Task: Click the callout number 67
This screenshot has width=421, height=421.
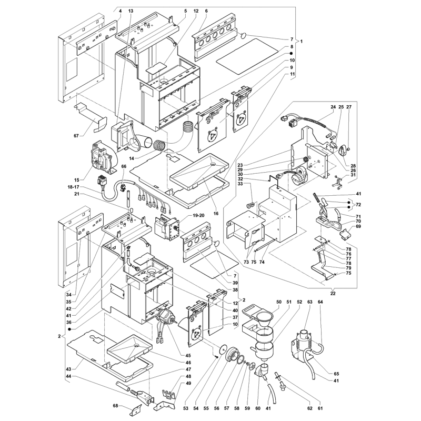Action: [x=76, y=136]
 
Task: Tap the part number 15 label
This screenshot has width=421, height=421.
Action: [x=77, y=180]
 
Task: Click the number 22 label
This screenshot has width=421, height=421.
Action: [x=333, y=294]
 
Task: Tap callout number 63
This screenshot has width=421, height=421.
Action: [x=310, y=302]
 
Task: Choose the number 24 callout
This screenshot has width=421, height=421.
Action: [x=333, y=107]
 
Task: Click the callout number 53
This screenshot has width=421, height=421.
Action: [x=186, y=408]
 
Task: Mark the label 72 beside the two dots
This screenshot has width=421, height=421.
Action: [x=358, y=205]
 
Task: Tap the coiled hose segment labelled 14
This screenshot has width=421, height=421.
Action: [x=159, y=145]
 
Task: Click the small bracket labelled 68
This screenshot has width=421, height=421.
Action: [x=136, y=408]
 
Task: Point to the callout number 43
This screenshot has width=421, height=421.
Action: [x=69, y=369]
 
